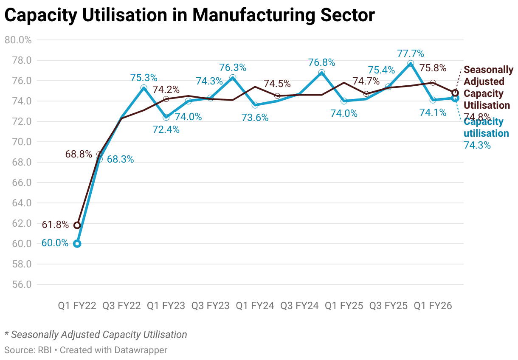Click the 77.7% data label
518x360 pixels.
pos(411,53)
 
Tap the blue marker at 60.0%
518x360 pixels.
pos(77,244)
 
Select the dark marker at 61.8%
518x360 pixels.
pos(77,225)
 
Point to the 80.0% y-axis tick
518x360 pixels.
pos(18,40)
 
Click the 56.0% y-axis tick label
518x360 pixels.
pos(18,284)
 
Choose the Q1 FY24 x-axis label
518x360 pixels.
pos(255,306)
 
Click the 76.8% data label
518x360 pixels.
pos(321,63)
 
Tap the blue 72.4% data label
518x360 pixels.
pos(166,130)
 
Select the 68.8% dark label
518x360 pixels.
pos(79,154)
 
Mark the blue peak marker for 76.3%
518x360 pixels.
pos(233,78)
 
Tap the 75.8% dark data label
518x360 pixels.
pos(433,68)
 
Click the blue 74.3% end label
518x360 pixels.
pos(477,145)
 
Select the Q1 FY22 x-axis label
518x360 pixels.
pos(77,306)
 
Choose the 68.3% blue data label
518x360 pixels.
pos(120,160)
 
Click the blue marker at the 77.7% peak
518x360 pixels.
pos(411,64)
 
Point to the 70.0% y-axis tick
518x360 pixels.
pos(18,142)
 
